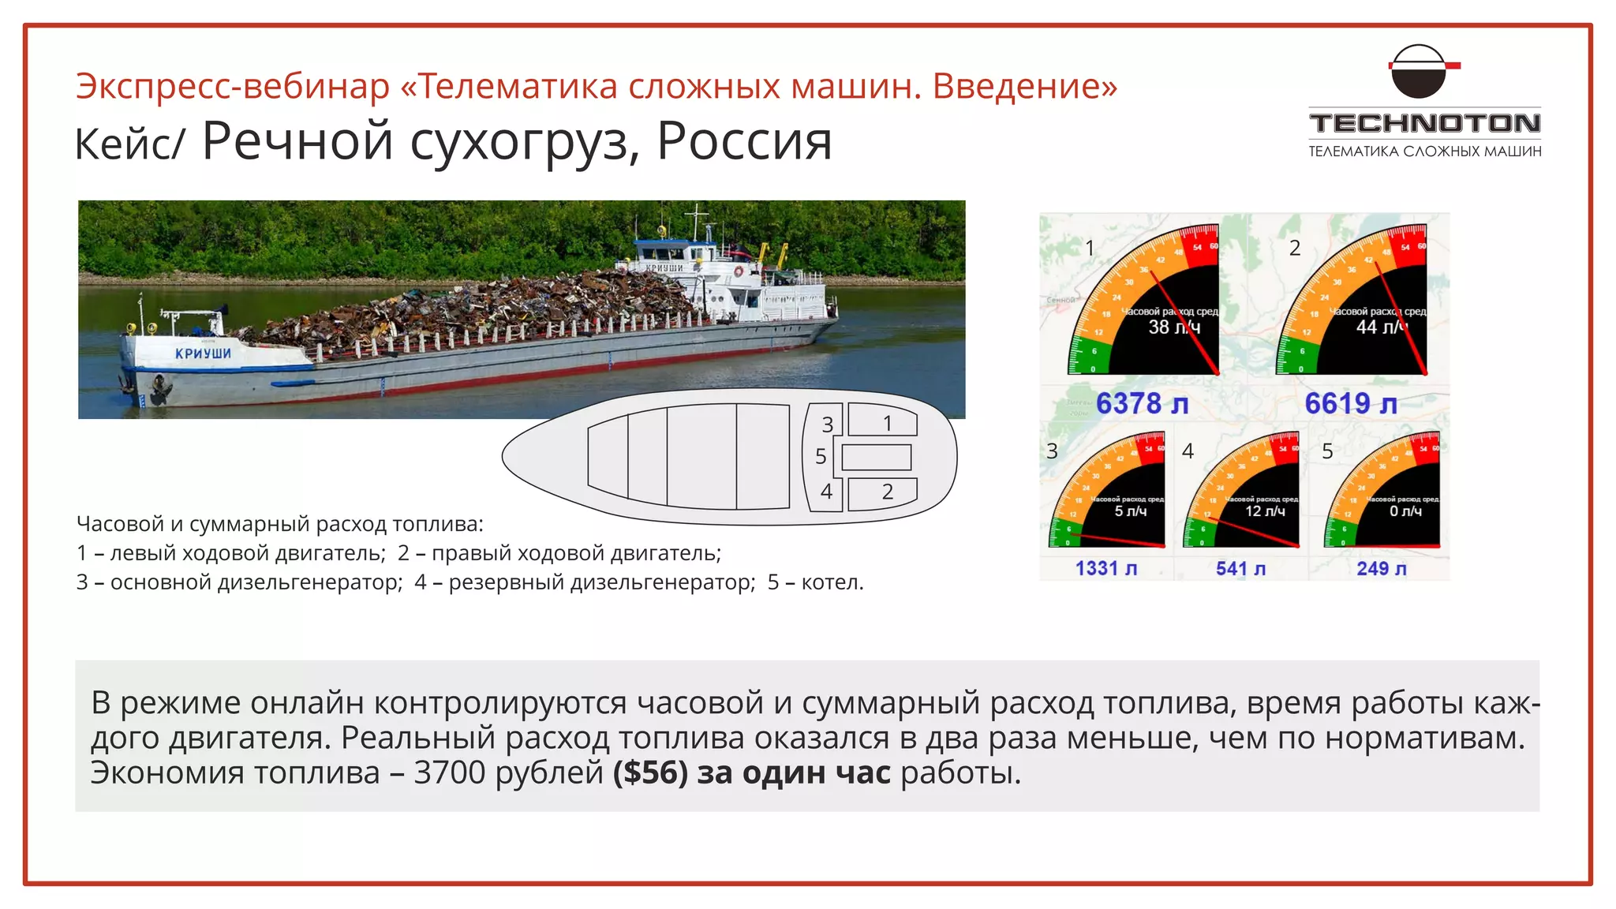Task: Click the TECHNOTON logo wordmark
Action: [x=1424, y=124]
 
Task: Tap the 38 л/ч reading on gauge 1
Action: [x=1173, y=327]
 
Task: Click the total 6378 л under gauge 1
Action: [x=1142, y=404]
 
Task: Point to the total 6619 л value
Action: [x=1350, y=404]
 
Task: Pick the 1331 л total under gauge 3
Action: [x=1105, y=568]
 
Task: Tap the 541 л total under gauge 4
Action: [x=1240, y=568]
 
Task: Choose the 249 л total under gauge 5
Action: [x=1381, y=568]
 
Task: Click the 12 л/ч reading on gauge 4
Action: [x=1265, y=511]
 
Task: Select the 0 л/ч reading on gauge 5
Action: [x=1405, y=511]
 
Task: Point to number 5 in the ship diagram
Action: [x=821, y=457]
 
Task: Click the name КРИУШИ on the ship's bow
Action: [x=203, y=353]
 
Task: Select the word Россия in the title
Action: [x=744, y=142]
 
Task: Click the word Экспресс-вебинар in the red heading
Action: [x=233, y=86]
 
